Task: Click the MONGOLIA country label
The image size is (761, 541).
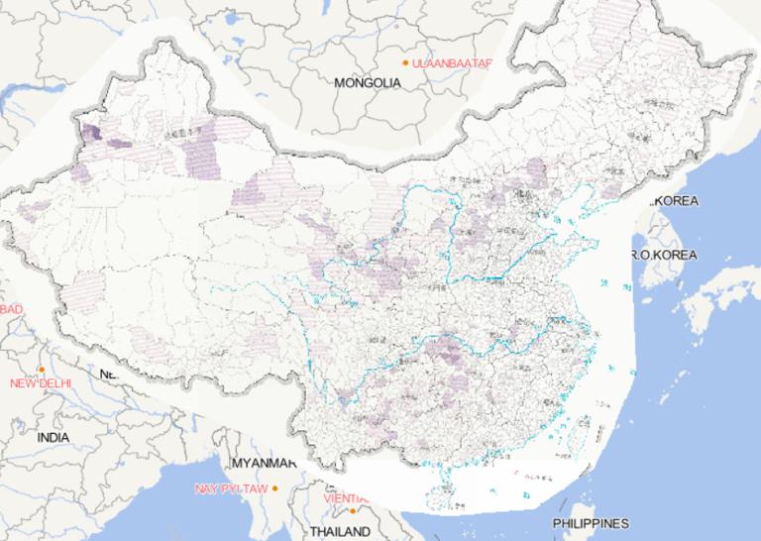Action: point(368,83)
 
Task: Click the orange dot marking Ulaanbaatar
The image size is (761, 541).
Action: point(404,63)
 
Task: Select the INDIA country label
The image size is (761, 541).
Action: point(53,437)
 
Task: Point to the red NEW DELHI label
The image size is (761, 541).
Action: point(42,383)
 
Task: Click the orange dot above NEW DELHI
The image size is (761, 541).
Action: point(42,370)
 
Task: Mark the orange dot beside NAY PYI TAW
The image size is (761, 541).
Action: point(275,488)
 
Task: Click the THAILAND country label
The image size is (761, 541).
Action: point(340,532)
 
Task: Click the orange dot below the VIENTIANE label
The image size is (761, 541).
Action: point(352,511)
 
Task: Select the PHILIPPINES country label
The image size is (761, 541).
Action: point(591,523)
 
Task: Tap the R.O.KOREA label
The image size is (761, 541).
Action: point(664,255)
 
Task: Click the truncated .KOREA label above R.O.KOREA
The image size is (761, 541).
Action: point(674,201)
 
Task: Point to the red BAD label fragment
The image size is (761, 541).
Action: point(11,309)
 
